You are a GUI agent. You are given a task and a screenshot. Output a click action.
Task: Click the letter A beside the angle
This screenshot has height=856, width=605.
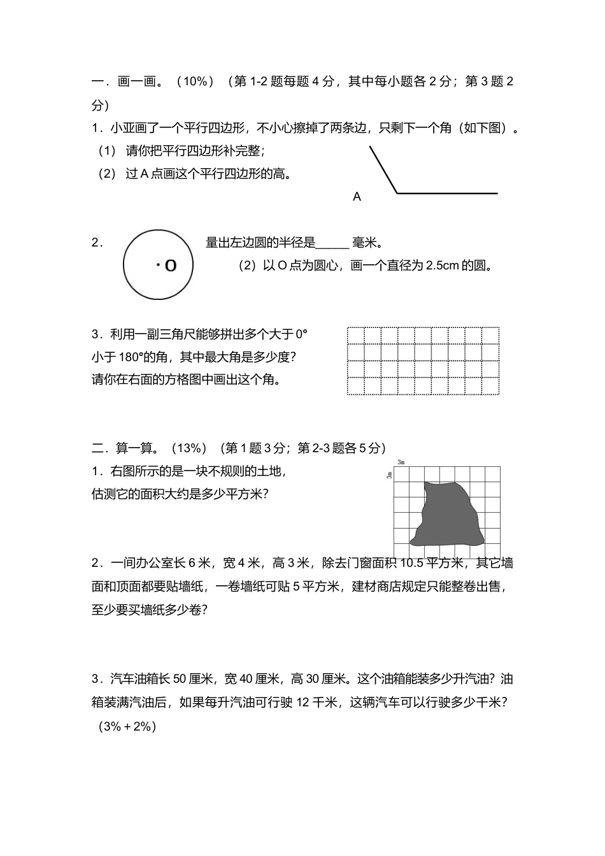(357, 197)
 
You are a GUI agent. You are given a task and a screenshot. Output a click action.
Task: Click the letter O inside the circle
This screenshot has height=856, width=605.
(170, 265)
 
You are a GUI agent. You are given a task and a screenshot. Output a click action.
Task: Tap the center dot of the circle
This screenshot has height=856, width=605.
(158, 264)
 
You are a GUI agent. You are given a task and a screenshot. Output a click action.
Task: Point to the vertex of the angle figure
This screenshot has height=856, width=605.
(397, 192)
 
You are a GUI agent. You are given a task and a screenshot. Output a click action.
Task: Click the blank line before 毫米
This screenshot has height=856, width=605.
(332, 244)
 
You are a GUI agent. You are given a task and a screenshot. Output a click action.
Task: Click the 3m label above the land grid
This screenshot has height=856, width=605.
(401, 462)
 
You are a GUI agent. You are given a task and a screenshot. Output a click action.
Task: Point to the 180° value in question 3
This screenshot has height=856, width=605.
(131, 357)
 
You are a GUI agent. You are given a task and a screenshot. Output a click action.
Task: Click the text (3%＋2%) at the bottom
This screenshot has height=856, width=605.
(127, 726)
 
